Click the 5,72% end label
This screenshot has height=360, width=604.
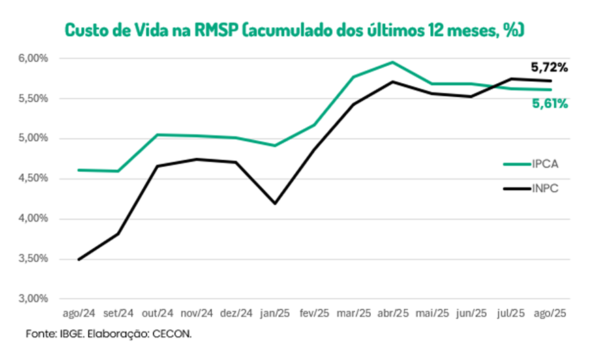(549, 67)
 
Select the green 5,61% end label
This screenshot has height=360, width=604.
(549, 104)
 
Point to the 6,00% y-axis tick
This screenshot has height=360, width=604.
(33, 59)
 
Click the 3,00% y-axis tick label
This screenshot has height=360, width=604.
(33, 299)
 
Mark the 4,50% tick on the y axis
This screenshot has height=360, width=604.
(33, 179)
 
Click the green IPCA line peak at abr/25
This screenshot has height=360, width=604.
(392, 62)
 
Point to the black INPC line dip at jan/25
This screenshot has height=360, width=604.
(275, 203)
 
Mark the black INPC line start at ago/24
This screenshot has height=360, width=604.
(80, 259)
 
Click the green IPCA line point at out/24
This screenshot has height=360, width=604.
(158, 134)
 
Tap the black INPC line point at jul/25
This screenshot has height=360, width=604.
(510, 78)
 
